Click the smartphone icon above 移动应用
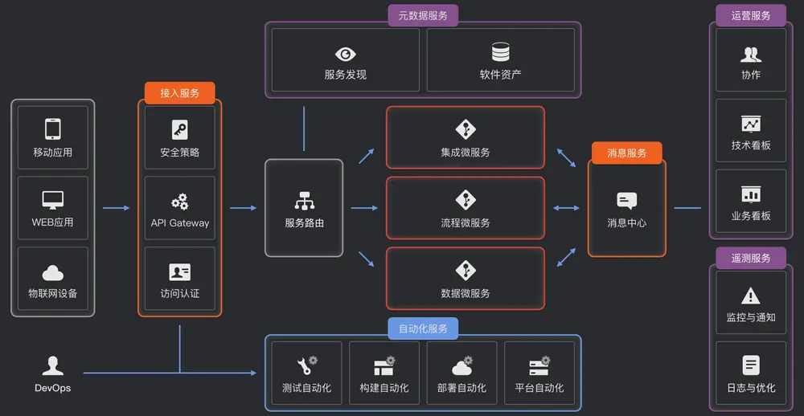point(53,129)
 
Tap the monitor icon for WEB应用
point(53,200)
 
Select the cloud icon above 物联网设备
point(53,272)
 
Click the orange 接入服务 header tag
point(179,93)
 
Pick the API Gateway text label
point(179,223)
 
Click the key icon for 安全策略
point(179,129)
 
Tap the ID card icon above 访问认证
point(179,271)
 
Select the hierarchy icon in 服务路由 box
point(304,200)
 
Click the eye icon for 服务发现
point(345,54)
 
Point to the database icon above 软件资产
point(500,53)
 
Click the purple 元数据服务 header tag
point(423,15)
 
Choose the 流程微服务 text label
point(466,222)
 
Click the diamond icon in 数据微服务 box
point(466,270)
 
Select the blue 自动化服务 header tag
point(423,328)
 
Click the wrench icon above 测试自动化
point(306,366)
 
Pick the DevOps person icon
point(53,366)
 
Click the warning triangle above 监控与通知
point(750,296)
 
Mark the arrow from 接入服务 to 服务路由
point(243,208)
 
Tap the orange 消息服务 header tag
point(626,153)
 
